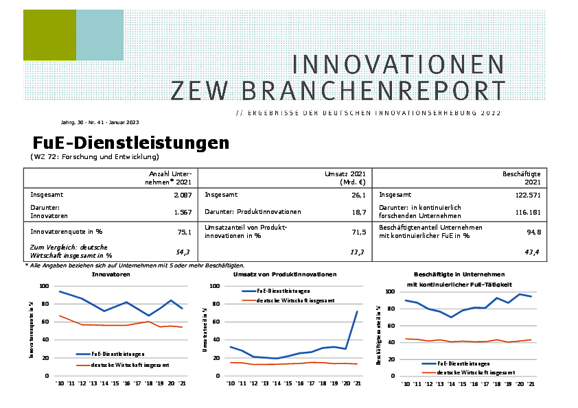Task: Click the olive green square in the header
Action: (x=49, y=36)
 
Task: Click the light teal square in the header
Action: (x=100, y=36)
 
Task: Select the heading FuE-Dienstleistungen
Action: (x=130, y=143)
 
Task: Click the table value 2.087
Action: (x=182, y=195)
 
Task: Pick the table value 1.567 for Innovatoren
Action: (x=182, y=212)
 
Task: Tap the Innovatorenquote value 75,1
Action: (x=184, y=232)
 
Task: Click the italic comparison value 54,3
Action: (x=184, y=252)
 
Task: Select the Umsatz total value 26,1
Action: (x=358, y=195)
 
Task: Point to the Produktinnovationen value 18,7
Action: (x=358, y=212)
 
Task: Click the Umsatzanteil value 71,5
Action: (x=358, y=232)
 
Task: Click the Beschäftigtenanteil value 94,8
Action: (x=533, y=232)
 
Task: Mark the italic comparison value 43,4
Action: (x=533, y=252)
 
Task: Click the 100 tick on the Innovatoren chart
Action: (x=44, y=286)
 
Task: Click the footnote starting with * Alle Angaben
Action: (x=135, y=265)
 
